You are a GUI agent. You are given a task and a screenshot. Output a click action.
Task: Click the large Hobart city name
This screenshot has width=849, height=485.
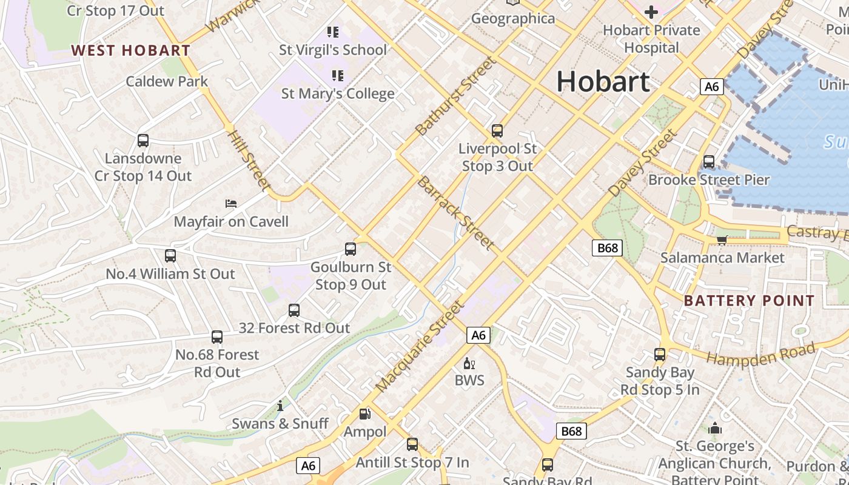point(603,81)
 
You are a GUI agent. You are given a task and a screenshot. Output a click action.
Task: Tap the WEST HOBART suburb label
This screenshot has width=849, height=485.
point(131,50)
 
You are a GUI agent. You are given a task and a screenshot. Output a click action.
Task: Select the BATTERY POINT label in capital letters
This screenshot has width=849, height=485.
point(749,301)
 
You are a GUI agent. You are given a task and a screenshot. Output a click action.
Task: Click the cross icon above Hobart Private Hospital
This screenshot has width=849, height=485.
point(651,12)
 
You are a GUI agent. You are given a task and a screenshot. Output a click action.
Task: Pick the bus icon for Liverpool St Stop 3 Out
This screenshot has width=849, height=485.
point(497,130)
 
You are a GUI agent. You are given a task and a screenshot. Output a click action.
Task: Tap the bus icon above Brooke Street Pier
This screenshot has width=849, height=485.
point(709,162)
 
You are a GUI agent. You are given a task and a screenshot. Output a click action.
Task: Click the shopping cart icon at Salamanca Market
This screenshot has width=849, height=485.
point(722,240)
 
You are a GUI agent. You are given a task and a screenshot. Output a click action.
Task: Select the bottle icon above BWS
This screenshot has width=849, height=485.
point(469,363)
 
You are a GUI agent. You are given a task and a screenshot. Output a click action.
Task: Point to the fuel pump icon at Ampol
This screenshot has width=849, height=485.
point(365,414)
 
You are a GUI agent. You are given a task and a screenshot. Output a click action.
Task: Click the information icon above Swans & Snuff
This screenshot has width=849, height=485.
point(280,406)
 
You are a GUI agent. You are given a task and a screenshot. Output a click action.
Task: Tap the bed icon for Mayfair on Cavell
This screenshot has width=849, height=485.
point(231,203)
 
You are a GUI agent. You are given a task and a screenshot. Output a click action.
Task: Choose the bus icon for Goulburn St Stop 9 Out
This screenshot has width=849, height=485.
point(351,249)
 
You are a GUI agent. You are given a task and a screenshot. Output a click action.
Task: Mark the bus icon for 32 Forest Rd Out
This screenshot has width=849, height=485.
point(294,310)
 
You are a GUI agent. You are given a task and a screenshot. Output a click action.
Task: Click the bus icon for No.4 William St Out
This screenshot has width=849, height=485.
point(170,256)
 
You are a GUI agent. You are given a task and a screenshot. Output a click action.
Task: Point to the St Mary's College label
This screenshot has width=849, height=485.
point(338,93)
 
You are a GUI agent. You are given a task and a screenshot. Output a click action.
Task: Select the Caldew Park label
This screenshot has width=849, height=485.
point(167,81)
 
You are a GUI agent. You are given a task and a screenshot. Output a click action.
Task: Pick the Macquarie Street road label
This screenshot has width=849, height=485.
point(419,346)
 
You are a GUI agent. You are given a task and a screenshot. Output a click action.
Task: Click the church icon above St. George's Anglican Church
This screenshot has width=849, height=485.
point(715,429)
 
